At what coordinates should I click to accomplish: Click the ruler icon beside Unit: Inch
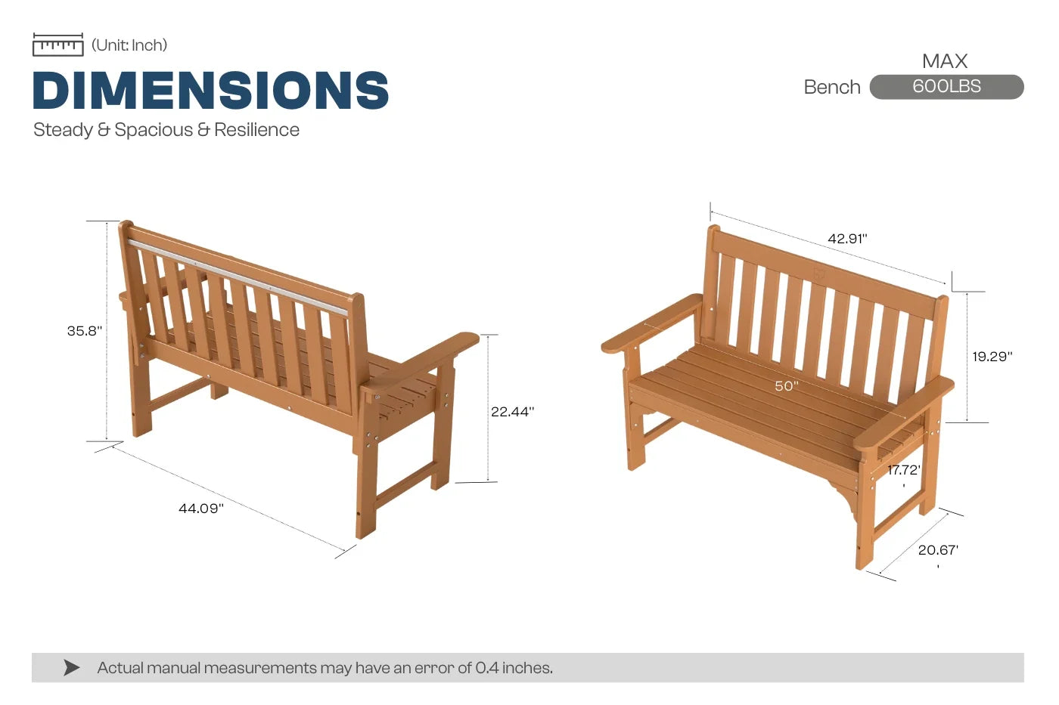58,45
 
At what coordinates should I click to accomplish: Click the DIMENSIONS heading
211,90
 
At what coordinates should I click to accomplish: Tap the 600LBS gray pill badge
946,87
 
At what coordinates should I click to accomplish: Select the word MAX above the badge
945,61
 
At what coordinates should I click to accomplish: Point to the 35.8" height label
85,330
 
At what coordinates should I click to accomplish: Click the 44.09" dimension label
201,508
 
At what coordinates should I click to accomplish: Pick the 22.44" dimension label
513,412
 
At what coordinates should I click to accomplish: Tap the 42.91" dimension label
848,239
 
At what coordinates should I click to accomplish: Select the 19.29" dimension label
992,357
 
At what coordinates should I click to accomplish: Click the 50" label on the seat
787,386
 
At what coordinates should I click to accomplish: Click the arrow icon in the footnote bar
71,668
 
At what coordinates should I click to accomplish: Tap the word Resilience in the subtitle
256,130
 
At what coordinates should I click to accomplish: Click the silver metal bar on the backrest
238,277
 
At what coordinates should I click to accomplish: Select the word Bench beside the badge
832,88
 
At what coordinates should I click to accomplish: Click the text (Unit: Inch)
129,45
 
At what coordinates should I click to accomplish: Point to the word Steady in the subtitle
63,130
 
